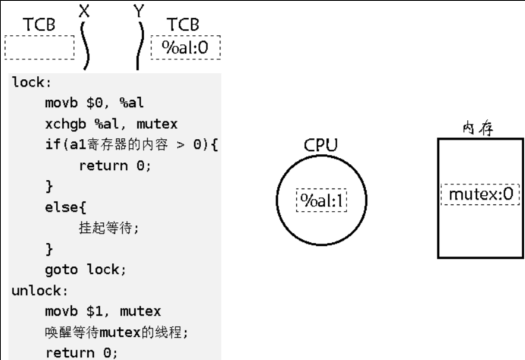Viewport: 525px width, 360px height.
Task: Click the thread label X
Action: point(84,10)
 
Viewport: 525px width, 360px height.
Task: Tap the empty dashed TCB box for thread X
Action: point(39,47)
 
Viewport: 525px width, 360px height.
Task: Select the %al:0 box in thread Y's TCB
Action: point(185,47)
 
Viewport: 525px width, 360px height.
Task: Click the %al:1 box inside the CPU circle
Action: point(321,200)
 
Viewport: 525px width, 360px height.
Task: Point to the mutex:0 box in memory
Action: point(480,194)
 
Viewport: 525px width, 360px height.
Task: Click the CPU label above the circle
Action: point(320,145)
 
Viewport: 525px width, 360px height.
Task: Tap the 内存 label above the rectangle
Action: point(478,128)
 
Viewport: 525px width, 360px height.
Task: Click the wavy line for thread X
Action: point(85,46)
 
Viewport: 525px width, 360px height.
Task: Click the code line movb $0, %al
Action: point(94,103)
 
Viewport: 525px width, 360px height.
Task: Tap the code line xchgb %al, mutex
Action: point(111,124)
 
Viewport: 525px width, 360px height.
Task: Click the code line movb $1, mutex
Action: point(103,311)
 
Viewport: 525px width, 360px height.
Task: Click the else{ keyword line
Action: point(61,207)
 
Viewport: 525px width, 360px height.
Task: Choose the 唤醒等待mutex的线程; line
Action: point(116,332)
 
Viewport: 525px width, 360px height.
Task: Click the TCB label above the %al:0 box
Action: point(183,24)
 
